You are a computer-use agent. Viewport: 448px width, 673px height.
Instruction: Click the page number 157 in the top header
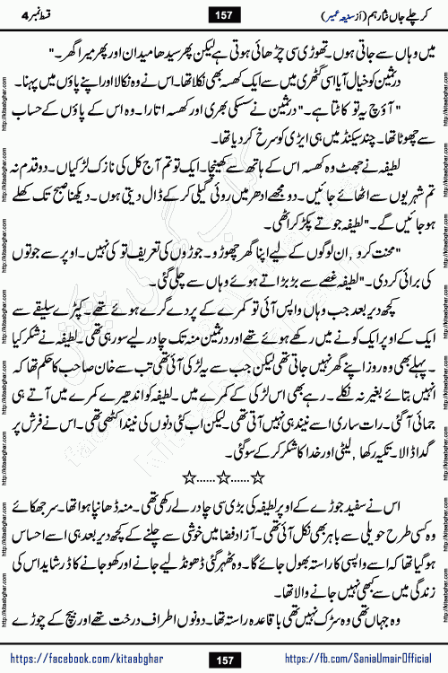pyautogui.click(x=222, y=13)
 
